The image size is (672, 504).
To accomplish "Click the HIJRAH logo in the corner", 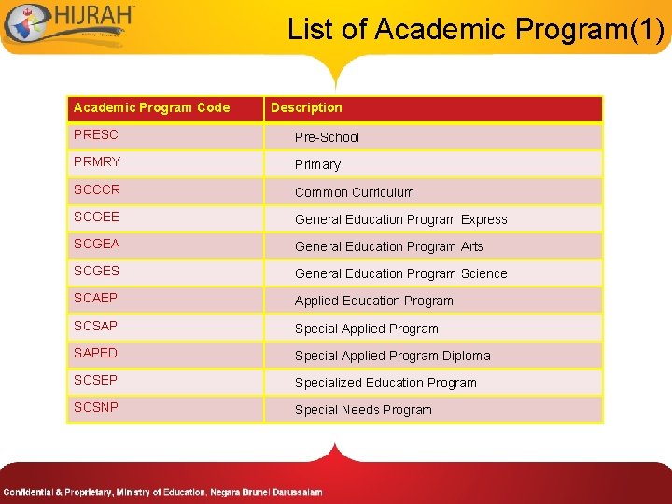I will click(x=69, y=23).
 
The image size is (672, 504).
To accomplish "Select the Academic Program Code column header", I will click(x=151, y=107).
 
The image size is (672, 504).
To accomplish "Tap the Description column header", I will click(x=306, y=107).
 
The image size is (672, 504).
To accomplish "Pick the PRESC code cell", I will click(x=96, y=135).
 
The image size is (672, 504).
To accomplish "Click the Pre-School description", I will click(x=327, y=137).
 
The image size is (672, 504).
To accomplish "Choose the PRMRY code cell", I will click(x=97, y=162).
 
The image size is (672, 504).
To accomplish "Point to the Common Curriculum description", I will click(x=355, y=192).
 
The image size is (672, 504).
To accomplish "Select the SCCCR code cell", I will click(x=97, y=189).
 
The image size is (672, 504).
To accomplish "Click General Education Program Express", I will click(x=401, y=219).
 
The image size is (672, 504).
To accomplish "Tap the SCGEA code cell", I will click(x=97, y=245).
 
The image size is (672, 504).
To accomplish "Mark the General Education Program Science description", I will click(x=401, y=273).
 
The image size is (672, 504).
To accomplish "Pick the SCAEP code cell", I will click(x=96, y=299).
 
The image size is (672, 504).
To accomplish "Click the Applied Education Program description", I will click(x=374, y=301).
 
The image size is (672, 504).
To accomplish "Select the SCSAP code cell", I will click(x=96, y=327).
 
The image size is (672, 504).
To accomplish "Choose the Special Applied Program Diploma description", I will click(x=392, y=356).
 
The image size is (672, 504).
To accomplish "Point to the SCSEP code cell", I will click(x=96, y=381).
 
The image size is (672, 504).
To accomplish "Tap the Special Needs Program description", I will click(x=363, y=410).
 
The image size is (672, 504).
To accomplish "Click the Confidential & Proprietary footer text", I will click(x=162, y=492).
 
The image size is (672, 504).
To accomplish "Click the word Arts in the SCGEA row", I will click(x=472, y=246).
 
